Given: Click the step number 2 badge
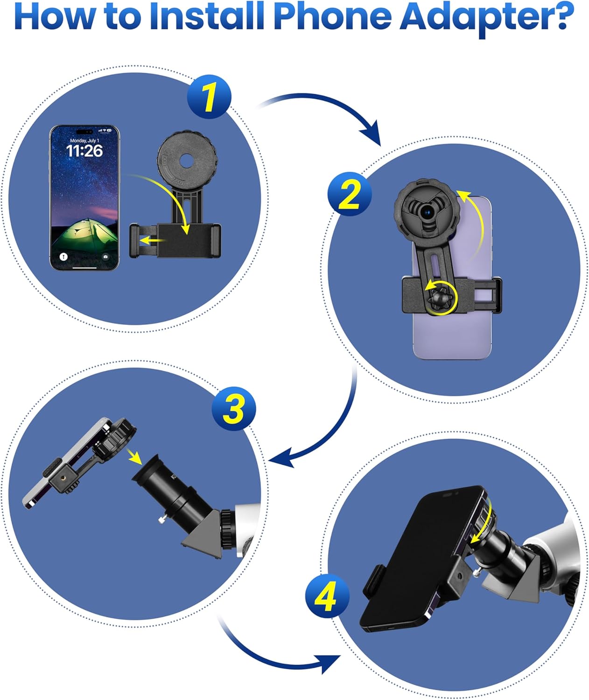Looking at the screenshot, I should click(350, 193).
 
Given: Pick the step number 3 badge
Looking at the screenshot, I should click(234, 408).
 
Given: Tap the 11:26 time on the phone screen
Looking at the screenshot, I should click(84, 151).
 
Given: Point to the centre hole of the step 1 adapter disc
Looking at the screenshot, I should click(186, 160).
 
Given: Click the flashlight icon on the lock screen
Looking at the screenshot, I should click(63, 256).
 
